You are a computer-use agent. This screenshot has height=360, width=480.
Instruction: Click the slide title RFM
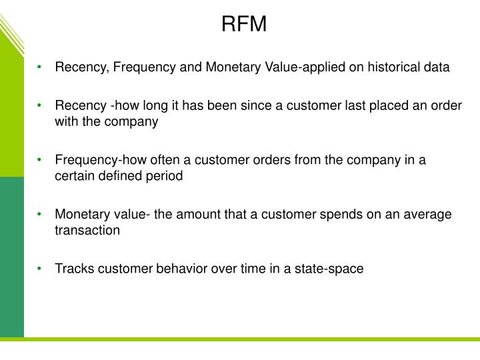pos(243,25)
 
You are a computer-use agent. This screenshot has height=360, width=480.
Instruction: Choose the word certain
pos(74,177)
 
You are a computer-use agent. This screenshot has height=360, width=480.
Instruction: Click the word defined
pos(121,177)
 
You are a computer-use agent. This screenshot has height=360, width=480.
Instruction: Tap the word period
pos(165,177)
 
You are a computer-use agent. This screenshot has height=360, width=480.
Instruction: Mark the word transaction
pos(87,231)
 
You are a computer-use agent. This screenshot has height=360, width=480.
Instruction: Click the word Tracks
pos(73,269)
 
